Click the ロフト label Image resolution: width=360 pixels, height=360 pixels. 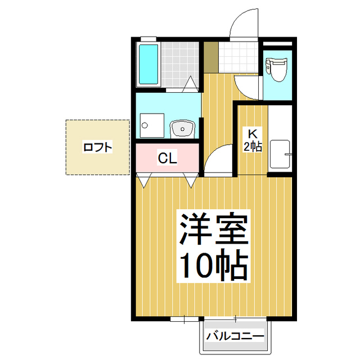coord(97,147)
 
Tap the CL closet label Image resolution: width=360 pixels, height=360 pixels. coord(168,158)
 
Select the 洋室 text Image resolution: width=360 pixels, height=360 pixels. coord(214,229)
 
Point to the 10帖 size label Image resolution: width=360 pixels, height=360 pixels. coord(214,265)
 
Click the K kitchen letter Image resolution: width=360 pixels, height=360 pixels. coord(252,134)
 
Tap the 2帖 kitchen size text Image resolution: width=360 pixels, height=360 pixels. coord(253,146)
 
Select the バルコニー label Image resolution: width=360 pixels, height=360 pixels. coord(235,337)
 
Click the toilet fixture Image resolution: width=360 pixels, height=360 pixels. coord(276,69)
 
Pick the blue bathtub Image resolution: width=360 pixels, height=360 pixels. coord(148,64)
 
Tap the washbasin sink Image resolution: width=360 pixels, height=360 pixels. coord(182,129)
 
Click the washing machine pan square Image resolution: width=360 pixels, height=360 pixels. coord(152,125)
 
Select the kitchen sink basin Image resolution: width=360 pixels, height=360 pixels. coord(280,154)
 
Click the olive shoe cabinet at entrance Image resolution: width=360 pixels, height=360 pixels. coord(211,57)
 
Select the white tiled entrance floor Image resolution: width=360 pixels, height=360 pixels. coord(238,57)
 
